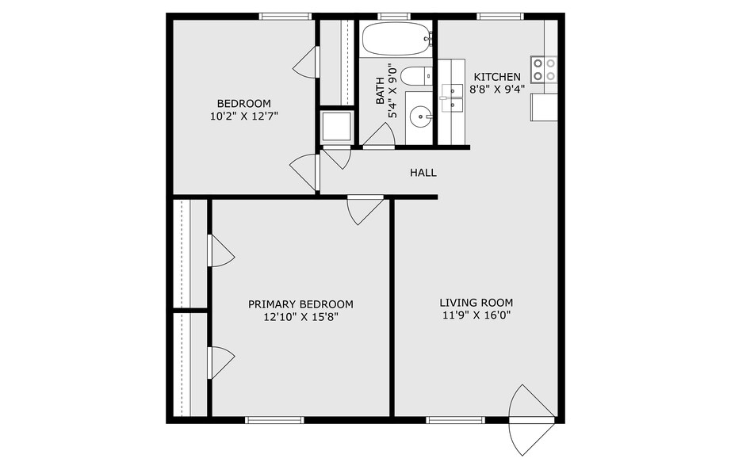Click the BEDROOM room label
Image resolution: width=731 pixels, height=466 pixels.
[243, 103]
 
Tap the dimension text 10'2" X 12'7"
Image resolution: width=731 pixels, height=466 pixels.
[243, 116]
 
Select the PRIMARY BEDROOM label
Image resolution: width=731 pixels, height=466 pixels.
[300, 304]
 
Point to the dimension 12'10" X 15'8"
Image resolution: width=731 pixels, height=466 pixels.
[300, 317]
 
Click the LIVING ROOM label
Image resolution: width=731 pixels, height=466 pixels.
[476, 302]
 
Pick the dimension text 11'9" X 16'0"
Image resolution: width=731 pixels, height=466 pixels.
[476, 315]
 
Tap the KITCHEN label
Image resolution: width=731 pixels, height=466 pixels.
[497, 77]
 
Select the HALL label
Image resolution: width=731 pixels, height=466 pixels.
[423, 173]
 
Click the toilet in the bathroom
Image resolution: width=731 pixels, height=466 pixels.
[415, 76]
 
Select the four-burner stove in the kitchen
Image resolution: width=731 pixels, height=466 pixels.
[544, 69]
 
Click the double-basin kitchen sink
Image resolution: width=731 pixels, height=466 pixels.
[452, 97]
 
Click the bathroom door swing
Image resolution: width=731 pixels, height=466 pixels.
[380, 137]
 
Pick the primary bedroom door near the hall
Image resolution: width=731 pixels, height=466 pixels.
[364, 208]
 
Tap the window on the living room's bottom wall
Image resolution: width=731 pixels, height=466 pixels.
[455, 419]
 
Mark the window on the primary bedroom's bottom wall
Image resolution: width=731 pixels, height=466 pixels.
[274, 419]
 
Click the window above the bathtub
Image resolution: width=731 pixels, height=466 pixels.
[393, 16]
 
